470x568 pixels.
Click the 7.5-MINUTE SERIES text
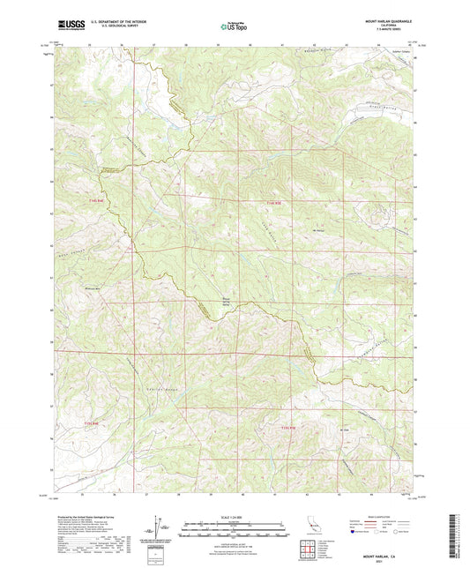click(394, 30)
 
